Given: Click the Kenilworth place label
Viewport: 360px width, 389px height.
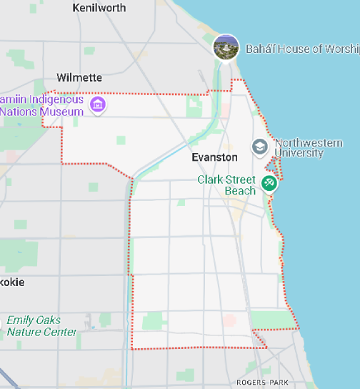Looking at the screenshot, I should click(x=99, y=8).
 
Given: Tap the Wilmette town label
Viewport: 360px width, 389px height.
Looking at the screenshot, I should click(x=79, y=77).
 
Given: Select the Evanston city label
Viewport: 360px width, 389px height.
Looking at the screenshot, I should click(x=214, y=157).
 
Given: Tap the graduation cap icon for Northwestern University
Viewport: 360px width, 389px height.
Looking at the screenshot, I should click(x=259, y=147).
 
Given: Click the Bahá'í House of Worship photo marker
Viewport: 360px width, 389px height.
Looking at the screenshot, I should click(x=226, y=47).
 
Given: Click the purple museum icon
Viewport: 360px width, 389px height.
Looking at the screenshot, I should click(x=99, y=105).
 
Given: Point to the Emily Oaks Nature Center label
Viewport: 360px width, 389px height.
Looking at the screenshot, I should click(x=41, y=326).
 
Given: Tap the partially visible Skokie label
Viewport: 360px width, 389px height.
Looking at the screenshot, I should click(x=12, y=282).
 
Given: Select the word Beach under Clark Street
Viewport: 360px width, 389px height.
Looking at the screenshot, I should click(x=240, y=191).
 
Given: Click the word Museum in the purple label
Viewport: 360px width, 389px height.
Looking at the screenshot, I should click(x=63, y=112).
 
